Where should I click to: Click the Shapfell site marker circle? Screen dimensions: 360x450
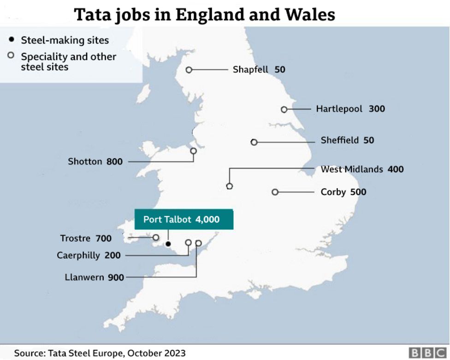coord(189,70)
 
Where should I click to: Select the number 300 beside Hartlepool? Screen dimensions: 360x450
coord(377,109)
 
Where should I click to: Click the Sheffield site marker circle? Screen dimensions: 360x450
coord(254,142)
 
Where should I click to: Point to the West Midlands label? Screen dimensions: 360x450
coord(351,169)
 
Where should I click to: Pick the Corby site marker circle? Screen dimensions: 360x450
coord(275,192)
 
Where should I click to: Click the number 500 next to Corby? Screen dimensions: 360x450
coord(358,192)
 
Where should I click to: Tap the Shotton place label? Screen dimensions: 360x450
coord(85,162)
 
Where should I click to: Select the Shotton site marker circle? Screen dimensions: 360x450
coord(194,151)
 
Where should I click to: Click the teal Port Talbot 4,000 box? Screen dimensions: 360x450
coord(184,219)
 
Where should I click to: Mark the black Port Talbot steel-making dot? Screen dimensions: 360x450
coord(168,244)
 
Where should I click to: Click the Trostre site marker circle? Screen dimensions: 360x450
coord(156,238)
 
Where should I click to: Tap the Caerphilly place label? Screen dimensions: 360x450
coord(78,255)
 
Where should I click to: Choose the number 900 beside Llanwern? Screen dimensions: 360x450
coord(116,278)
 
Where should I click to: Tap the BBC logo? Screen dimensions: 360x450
coord(428,353)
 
